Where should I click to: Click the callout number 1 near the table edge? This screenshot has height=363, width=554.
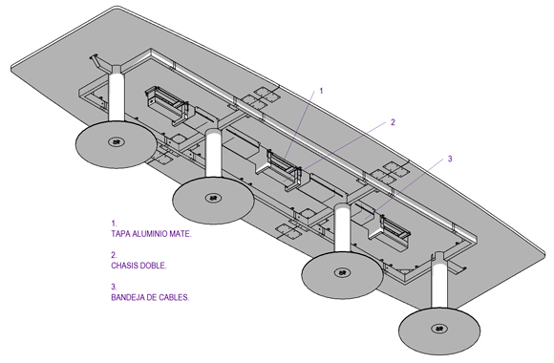tap(321, 91)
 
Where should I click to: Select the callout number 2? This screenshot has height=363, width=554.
tap(393, 122)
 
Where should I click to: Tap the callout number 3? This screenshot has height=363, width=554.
tap(450, 159)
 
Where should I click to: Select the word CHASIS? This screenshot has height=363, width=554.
tap(123, 266)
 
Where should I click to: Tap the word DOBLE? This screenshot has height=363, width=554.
tap(152, 266)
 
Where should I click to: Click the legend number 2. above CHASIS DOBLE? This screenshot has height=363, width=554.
tap(114, 255)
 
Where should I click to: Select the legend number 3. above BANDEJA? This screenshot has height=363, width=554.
tap(114, 287)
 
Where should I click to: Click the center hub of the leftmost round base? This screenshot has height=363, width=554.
tap(116, 142)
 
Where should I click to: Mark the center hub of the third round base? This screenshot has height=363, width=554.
tap(342, 273)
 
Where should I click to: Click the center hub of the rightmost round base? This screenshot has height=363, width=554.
tap(439, 329)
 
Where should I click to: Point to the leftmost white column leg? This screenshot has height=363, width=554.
tap(117, 96)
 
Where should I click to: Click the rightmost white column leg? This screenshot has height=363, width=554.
tap(438, 282)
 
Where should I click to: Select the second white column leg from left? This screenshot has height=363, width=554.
tap(214, 153)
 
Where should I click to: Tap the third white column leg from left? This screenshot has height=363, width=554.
tap(342, 228)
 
